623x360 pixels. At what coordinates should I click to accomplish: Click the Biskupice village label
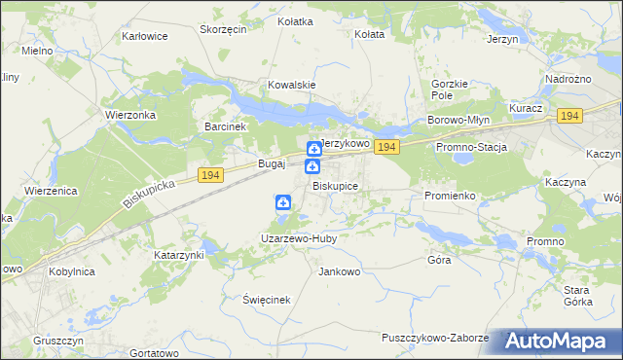coord(335,186)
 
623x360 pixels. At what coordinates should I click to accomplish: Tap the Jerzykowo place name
coord(346,143)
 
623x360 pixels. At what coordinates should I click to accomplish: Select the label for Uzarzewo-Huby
coord(297,237)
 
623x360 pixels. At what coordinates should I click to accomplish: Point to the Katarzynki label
coord(178,255)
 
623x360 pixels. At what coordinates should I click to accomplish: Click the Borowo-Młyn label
coord(457,121)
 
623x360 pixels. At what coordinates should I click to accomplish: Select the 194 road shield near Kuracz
coord(568,116)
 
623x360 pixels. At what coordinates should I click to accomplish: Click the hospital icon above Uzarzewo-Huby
coord(282,203)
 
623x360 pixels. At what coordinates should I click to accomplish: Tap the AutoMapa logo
coord(564,342)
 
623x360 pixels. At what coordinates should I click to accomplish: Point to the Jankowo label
coord(340,271)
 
